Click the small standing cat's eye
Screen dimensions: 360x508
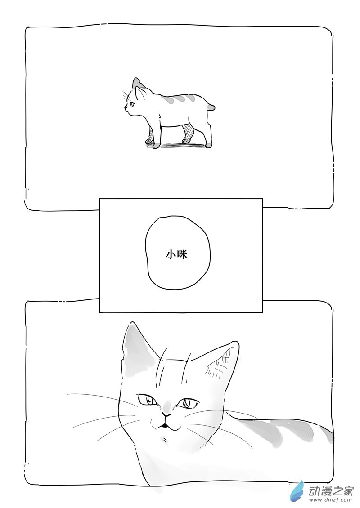(132, 104)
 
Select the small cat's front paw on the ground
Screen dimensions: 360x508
(156, 146)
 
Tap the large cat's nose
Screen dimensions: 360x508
(166, 414)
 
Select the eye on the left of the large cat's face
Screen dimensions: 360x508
(147, 400)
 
